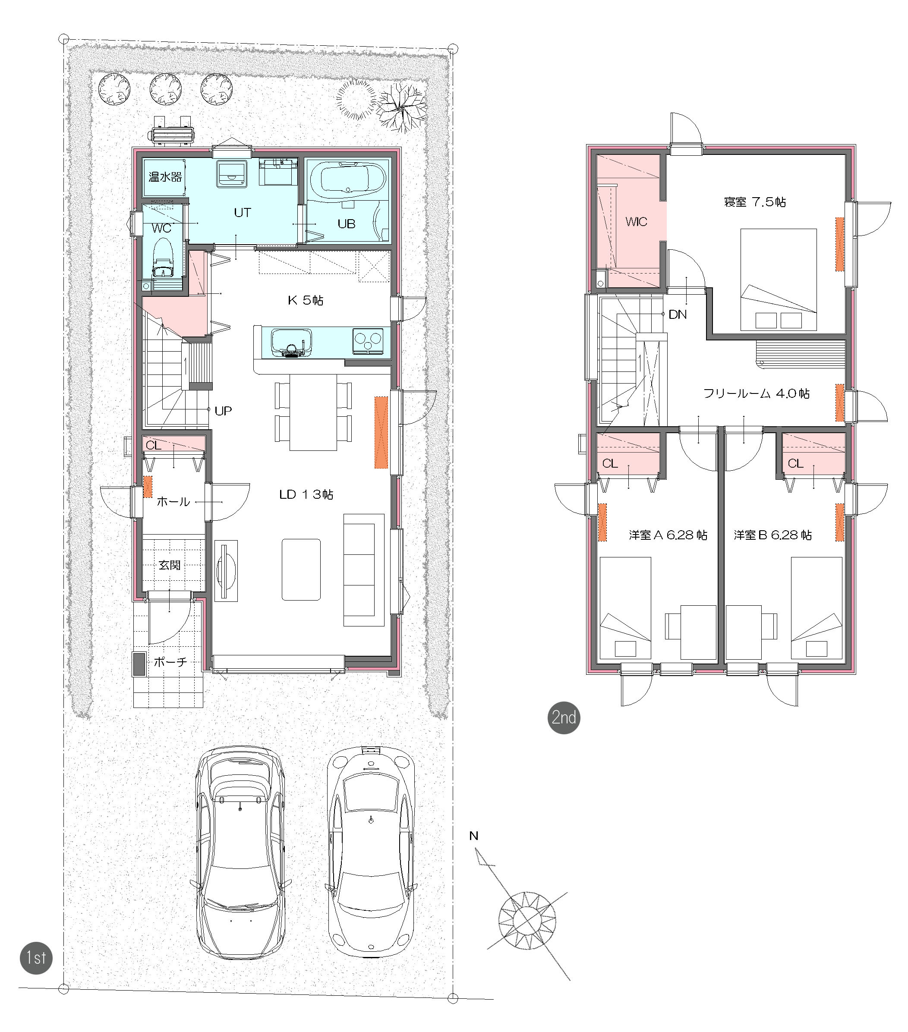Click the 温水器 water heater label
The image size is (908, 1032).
[x=165, y=177]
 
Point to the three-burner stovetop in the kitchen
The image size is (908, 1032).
[x=368, y=339]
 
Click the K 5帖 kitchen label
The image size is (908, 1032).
[x=306, y=300]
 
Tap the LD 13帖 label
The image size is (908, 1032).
[x=306, y=494]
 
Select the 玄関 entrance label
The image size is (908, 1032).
[x=170, y=565]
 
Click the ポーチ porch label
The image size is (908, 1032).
[x=170, y=662]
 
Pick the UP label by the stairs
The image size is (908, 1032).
[x=223, y=411]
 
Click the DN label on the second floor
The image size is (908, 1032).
[x=678, y=315]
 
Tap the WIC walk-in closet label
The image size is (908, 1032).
[x=636, y=222]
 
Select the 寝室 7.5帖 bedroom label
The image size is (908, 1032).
[x=754, y=202]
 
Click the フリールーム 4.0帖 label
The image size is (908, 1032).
[x=757, y=393]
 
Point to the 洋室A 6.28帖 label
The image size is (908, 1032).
[x=668, y=535]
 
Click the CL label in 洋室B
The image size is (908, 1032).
[x=795, y=463]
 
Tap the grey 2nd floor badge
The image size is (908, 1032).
[x=564, y=717]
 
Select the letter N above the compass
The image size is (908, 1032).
[x=474, y=836]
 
